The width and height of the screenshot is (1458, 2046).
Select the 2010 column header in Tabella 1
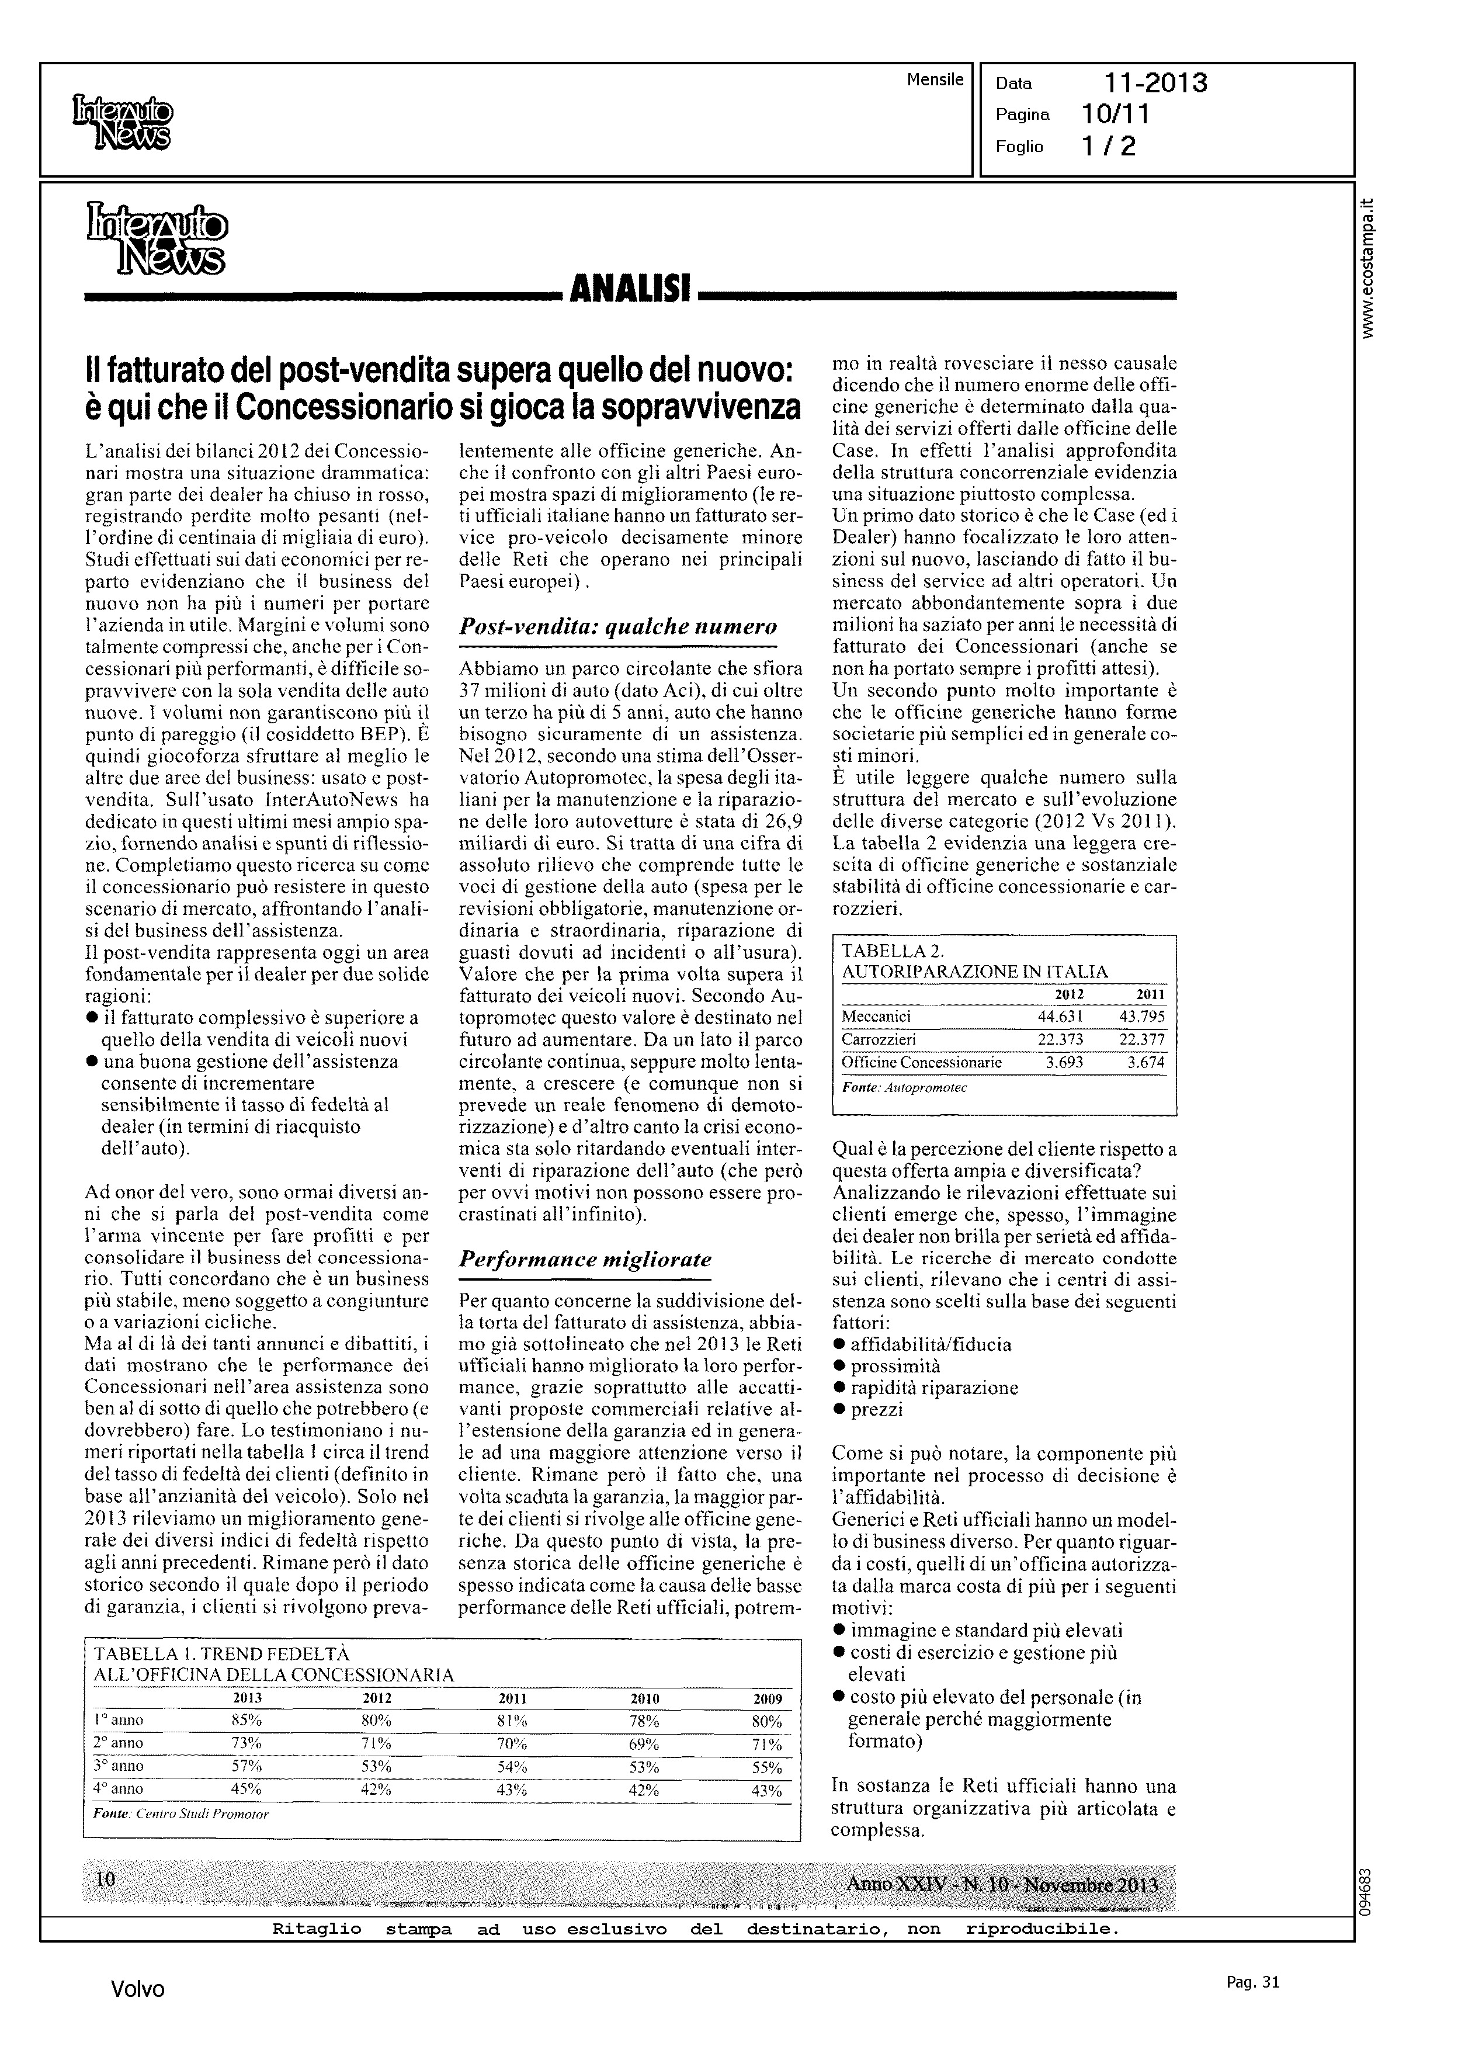(x=645, y=1698)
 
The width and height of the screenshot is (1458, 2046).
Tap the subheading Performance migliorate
(x=585, y=1258)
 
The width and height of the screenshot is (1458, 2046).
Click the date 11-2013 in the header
(x=1155, y=84)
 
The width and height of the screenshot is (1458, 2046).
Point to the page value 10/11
(x=1116, y=114)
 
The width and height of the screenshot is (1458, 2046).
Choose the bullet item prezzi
(x=876, y=1410)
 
